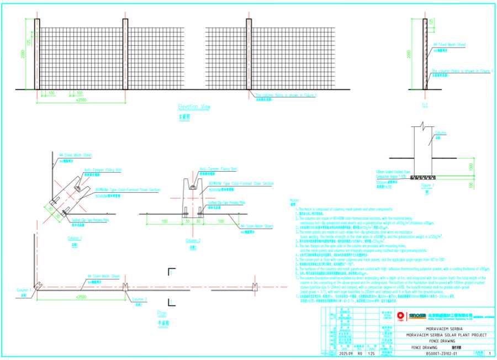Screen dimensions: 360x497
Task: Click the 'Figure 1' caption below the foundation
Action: [427, 186]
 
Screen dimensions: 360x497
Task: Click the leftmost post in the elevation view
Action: [37, 54]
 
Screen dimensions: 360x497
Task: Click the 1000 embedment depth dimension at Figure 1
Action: [470, 166]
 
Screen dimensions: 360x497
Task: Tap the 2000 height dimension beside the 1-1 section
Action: [409, 55]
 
